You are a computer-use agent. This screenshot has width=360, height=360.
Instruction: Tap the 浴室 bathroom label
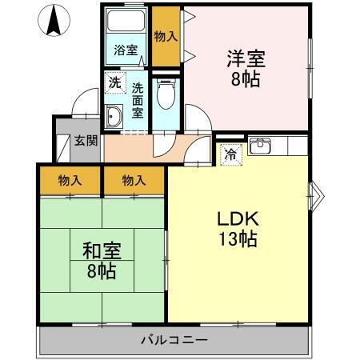[126, 50]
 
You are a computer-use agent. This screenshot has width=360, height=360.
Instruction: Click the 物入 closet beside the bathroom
[166, 37]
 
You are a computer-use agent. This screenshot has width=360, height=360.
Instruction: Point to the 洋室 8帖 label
[246, 68]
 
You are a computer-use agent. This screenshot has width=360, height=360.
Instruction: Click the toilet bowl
[166, 97]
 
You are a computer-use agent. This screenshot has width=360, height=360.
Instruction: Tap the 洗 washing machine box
[114, 82]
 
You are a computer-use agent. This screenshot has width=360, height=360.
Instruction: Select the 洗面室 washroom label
[138, 100]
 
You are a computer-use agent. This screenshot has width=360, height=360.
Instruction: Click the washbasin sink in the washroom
[112, 118]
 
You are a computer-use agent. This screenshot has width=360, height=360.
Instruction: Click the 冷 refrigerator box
[230, 154]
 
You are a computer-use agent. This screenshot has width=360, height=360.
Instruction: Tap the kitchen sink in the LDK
[260, 146]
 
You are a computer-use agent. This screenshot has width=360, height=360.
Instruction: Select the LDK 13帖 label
[238, 228]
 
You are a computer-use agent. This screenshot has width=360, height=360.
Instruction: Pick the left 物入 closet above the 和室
[70, 181]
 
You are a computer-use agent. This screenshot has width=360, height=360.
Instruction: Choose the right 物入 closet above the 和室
[134, 181]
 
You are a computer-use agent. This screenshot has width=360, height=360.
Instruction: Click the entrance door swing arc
[84, 106]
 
